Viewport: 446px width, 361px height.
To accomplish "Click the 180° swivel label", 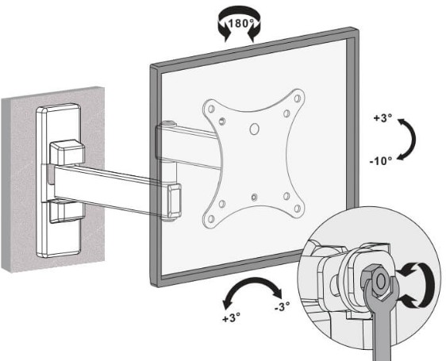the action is click(x=240, y=23).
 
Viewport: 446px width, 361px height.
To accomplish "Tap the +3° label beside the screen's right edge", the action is click(x=383, y=118).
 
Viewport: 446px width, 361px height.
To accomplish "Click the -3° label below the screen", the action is click(x=283, y=306).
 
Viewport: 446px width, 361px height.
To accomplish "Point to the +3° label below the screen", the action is click(x=231, y=317).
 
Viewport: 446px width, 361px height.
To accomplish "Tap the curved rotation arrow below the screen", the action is click(x=252, y=282).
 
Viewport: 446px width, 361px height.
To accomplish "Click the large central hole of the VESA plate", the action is click(x=254, y=129).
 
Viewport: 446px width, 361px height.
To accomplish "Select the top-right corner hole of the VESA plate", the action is click(x=298, y=98).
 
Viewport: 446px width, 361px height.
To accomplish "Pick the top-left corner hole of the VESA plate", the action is click(x=211, y=109).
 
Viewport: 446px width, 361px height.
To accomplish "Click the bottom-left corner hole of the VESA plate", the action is click(x=211, y=219).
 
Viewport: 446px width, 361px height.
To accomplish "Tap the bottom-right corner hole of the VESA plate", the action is click(x=298, y=209).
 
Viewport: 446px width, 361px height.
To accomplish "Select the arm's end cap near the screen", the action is click(x=175, y=202).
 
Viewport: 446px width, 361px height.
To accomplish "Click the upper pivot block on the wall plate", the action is click(x=67, y=152).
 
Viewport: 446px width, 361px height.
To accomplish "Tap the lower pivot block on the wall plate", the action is click(x=67, y=211).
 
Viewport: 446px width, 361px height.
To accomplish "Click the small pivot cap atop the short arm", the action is click(x=169, y=124).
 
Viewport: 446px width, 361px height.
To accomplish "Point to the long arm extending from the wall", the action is click(x=111, y=188).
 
